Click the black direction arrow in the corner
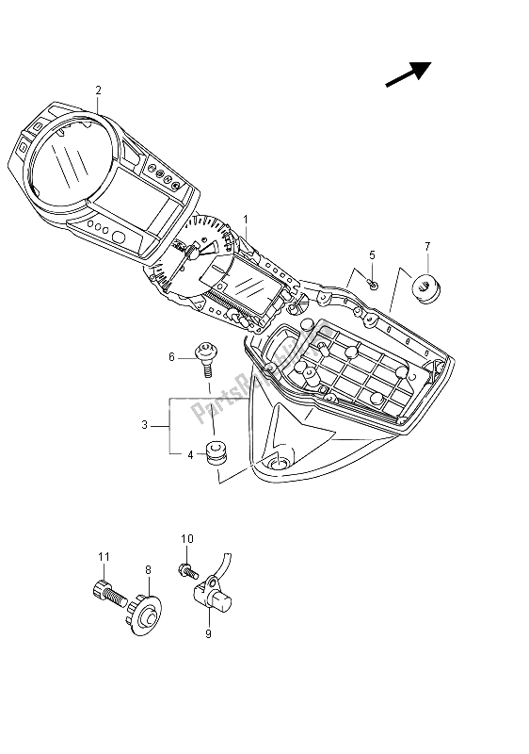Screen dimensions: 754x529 (407, 75)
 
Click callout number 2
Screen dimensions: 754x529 (98, 90)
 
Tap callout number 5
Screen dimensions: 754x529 (372, 254)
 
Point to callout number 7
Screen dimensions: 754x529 (426, 247)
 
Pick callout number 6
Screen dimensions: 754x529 (172, 356)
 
